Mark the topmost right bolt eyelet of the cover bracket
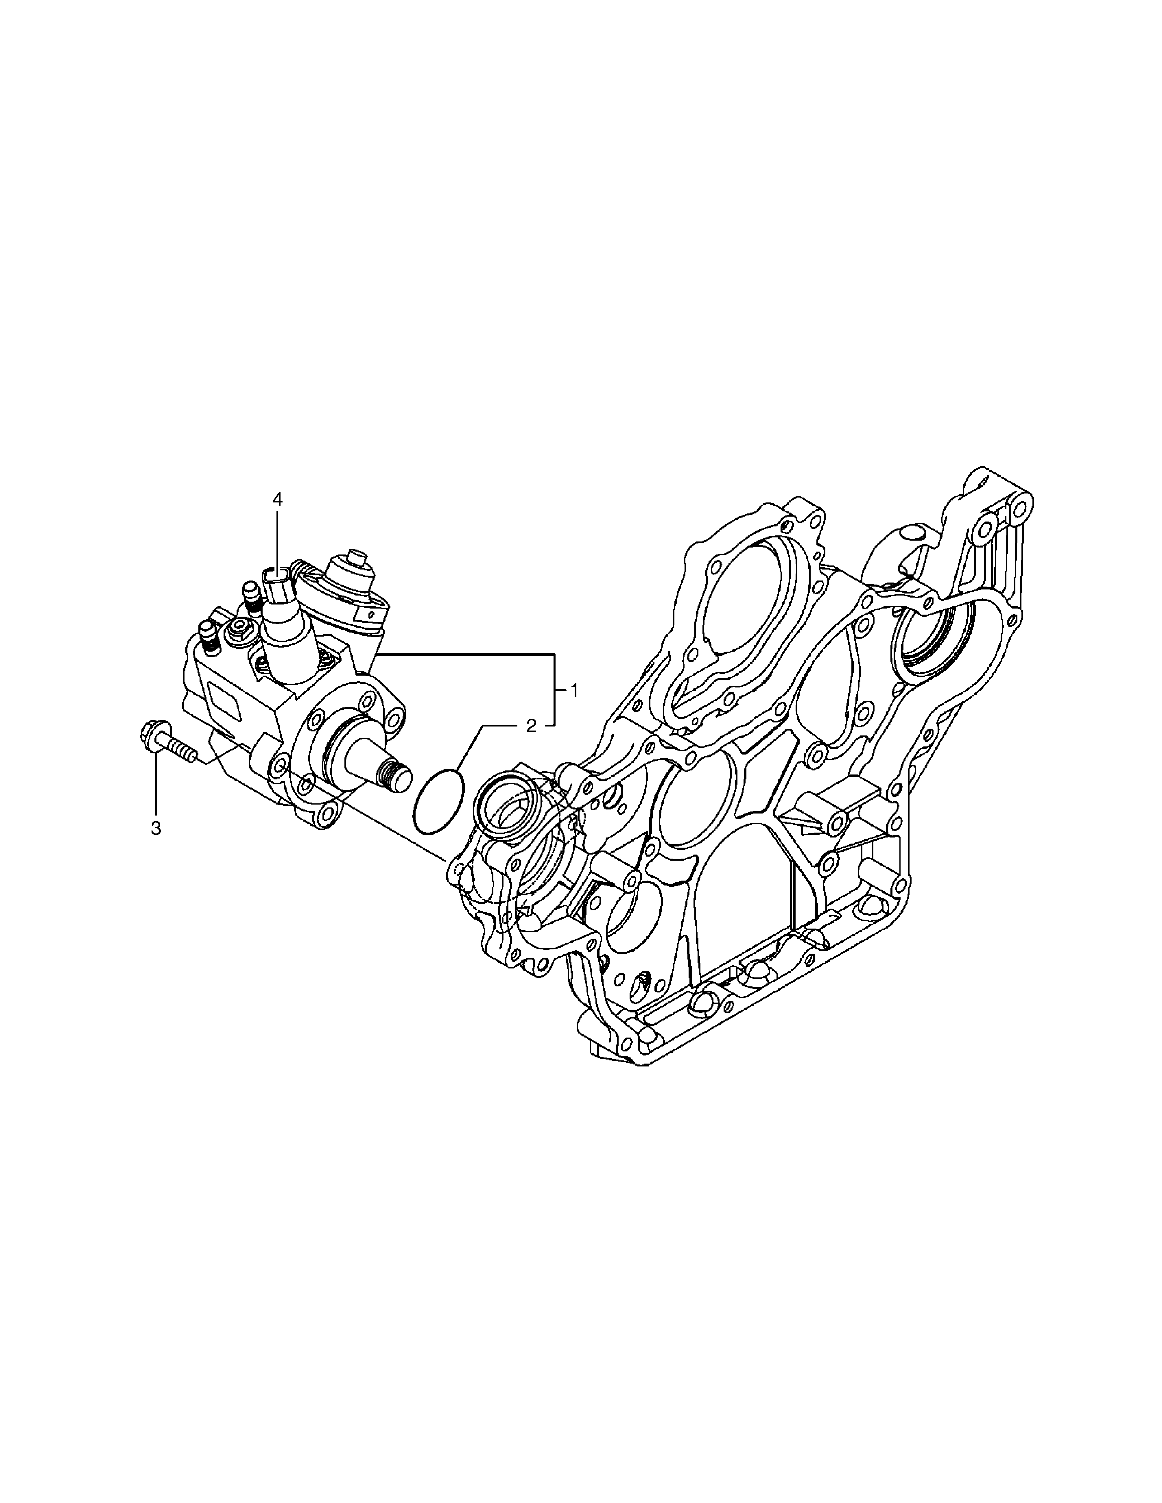[x=1020, y=510]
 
